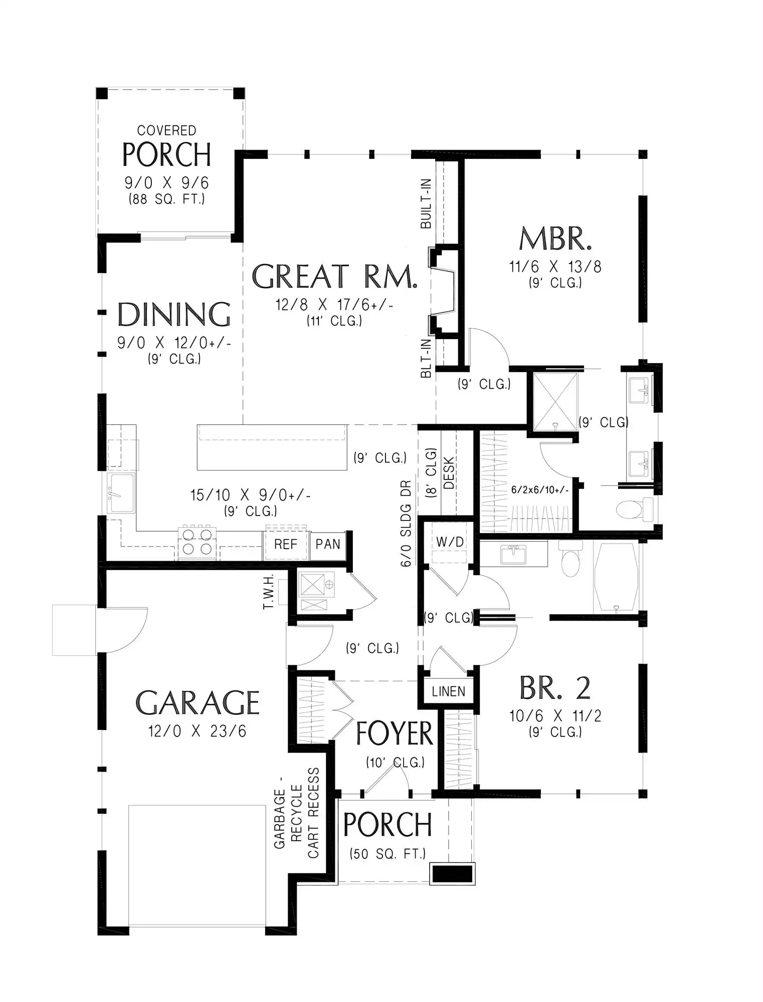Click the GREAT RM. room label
334,277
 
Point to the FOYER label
394,734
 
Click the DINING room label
174,315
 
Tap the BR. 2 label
555,688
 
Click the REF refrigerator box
286,545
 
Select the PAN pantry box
328,545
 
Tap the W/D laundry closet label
450,542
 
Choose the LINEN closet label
449,691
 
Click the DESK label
449,473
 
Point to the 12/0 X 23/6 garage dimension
198,731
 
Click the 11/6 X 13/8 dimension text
555,267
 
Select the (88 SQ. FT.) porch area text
167,199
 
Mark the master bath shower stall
555,401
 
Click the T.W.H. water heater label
269,592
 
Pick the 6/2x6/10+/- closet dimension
540,490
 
